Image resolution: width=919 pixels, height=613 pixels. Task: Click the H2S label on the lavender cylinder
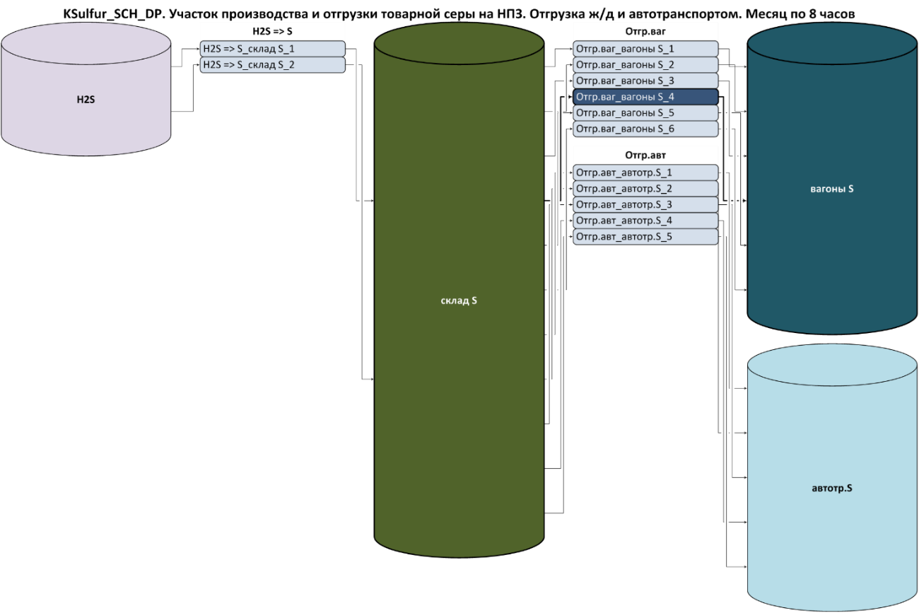[x=86, y=100]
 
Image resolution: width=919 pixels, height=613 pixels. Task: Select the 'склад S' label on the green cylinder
[x=459, y=300]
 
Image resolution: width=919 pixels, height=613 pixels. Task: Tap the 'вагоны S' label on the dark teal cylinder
[x=832, y=189]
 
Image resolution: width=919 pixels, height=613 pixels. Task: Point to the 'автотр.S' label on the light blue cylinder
[x=832, y=488]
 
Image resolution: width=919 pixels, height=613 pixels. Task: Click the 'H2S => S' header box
[x=272, y=31]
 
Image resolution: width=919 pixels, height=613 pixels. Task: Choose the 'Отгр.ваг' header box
[x=645, y=31]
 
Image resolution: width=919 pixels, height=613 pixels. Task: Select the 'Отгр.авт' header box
[x=645, y=155]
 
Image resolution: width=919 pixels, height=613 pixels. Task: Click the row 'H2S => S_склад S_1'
[x=272, y=49]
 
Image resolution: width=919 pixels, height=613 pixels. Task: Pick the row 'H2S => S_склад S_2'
[x=272, y=65]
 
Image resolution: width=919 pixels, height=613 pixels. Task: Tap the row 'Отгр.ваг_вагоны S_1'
[x=645, y=49]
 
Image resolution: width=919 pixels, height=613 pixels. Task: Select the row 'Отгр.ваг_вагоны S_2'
[x=645, y=65]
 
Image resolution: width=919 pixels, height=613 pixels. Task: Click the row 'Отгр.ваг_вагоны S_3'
[x=645, y=81]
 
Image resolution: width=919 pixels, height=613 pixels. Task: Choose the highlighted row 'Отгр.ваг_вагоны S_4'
[x=645, y=97]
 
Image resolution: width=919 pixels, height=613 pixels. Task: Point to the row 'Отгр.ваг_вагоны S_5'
[x=645, y=113]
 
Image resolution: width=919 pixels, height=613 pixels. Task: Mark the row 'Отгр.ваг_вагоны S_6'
[x=645, y=129]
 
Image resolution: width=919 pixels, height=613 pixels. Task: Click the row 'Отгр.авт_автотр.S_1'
[x=645, y=173]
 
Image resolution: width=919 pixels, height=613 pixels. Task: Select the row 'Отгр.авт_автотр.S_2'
[x=645, y=189]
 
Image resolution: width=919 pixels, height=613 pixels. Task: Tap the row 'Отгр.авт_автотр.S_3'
[x=645, y=205]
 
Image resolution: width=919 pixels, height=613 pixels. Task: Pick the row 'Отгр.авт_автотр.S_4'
[x=645, y=221]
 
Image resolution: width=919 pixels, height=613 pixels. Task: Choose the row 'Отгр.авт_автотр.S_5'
[x=645, y=237]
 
